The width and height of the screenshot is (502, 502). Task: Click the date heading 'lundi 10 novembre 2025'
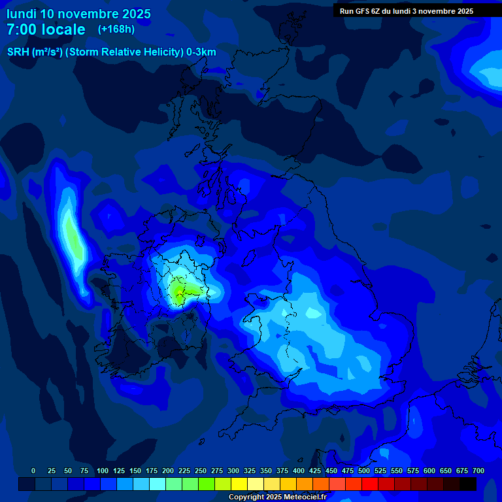pyautogui.click(x=78, y=14)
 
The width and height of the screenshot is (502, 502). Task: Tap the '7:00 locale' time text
pyautogui.click(x=46, y=29)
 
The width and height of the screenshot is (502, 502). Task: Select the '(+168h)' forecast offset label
pyautogui.click(x=116, y=29)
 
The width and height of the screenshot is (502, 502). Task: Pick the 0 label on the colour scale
pyautogui.click(x=33, y=471)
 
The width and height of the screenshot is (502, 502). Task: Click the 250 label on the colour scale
pyautogui.click(x=201, y=471)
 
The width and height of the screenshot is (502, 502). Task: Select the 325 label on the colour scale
pyautogui.click(x=250, y=471)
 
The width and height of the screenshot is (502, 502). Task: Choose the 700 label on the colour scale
pyautogui.click(x=478, y=471)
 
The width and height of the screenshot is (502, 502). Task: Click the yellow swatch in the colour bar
pyautogui.click(x=239, y=484)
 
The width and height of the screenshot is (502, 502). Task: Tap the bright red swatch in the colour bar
pyautogui.click(x=370, y=484)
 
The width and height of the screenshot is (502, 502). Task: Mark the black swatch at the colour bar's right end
pyautogui.click(x=468, y=484)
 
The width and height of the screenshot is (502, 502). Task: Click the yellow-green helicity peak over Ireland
pyautogui.click(x=178, y=290)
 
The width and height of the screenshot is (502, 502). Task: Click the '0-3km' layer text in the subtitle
pyautogui.click(x=201, y=52)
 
